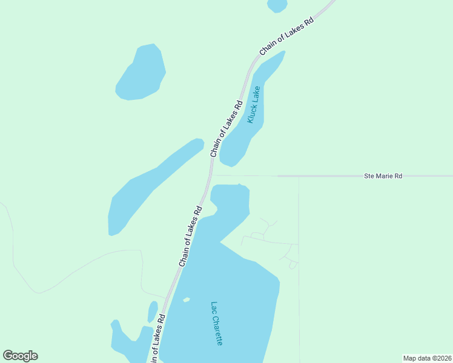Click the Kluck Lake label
pyautogui.click(x=254, y=105)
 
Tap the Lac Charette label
pyautogui.click(x=217, y=324)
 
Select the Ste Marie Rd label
pyautogui.click(x=383, y=176)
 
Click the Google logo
pyautogui.click(x=20, y=356)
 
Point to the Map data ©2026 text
pyautogui.click(x=427, y=358)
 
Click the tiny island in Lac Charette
pyautogui.click(x=187, y=299)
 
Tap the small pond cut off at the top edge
pyautogui.click(x=277, y=5)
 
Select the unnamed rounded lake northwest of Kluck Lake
pyautogui.click(x=141, y=73)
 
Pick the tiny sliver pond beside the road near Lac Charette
pyautogui.click(x=153, y=312)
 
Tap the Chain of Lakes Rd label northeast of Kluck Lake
pyautogui.click(x=287, y=36)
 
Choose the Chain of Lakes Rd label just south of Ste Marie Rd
pyautogui.click(x=190, y=237)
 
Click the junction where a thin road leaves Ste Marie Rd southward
pyautogui.click(x=299, y=177)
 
